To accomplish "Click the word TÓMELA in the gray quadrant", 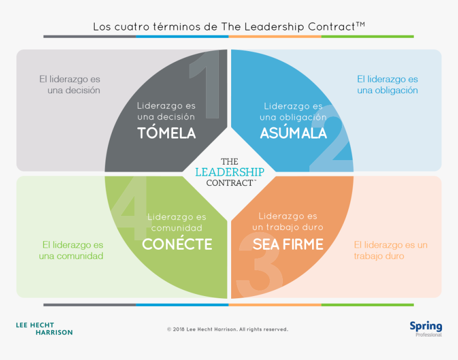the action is click(x=167, y=132).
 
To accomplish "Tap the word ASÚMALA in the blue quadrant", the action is click(x=293, y=132).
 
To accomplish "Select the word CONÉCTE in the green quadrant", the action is click(x=177, y=243).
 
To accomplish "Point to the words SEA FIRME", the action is click(x=288, y=244).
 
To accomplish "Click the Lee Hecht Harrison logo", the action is click(x=44, y=329).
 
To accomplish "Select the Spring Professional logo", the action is click(x=426, y=329).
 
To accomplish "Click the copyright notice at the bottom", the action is click(x=227, y=329).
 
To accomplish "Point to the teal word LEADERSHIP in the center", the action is click(x=230, y=172).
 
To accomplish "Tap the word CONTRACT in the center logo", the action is click(x=230, y=183).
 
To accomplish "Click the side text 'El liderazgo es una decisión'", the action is click(x=70, y=85).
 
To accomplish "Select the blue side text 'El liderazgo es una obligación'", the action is click(x=387, y=85).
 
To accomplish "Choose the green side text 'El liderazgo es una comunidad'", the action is click(x=71, y=250).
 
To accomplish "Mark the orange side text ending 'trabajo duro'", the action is click(x=390, y=250).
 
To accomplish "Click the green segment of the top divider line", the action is click(x=367, y=37).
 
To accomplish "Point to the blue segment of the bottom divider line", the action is click(x=182, y=305).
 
